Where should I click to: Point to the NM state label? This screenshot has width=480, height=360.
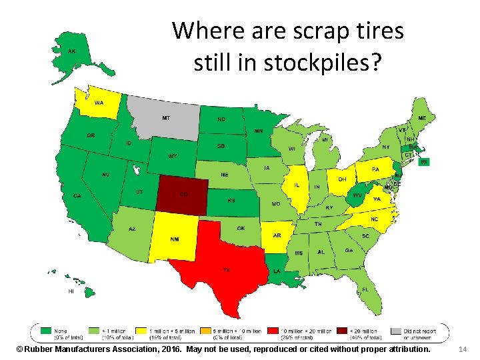pos(175,239)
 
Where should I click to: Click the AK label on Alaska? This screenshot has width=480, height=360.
pos(71,51)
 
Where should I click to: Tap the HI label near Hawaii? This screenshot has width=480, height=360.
pos(71,291)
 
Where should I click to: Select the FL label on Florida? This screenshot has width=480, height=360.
pos(365,290)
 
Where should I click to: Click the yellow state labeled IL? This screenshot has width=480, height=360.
pos(295,185)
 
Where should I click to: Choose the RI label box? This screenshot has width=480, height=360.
pos(424,161)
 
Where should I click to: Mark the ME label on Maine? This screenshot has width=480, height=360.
pos(422,118)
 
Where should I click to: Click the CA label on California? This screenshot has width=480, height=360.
pos(77,195)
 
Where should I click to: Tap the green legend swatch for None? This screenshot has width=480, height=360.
pos(46,329)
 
